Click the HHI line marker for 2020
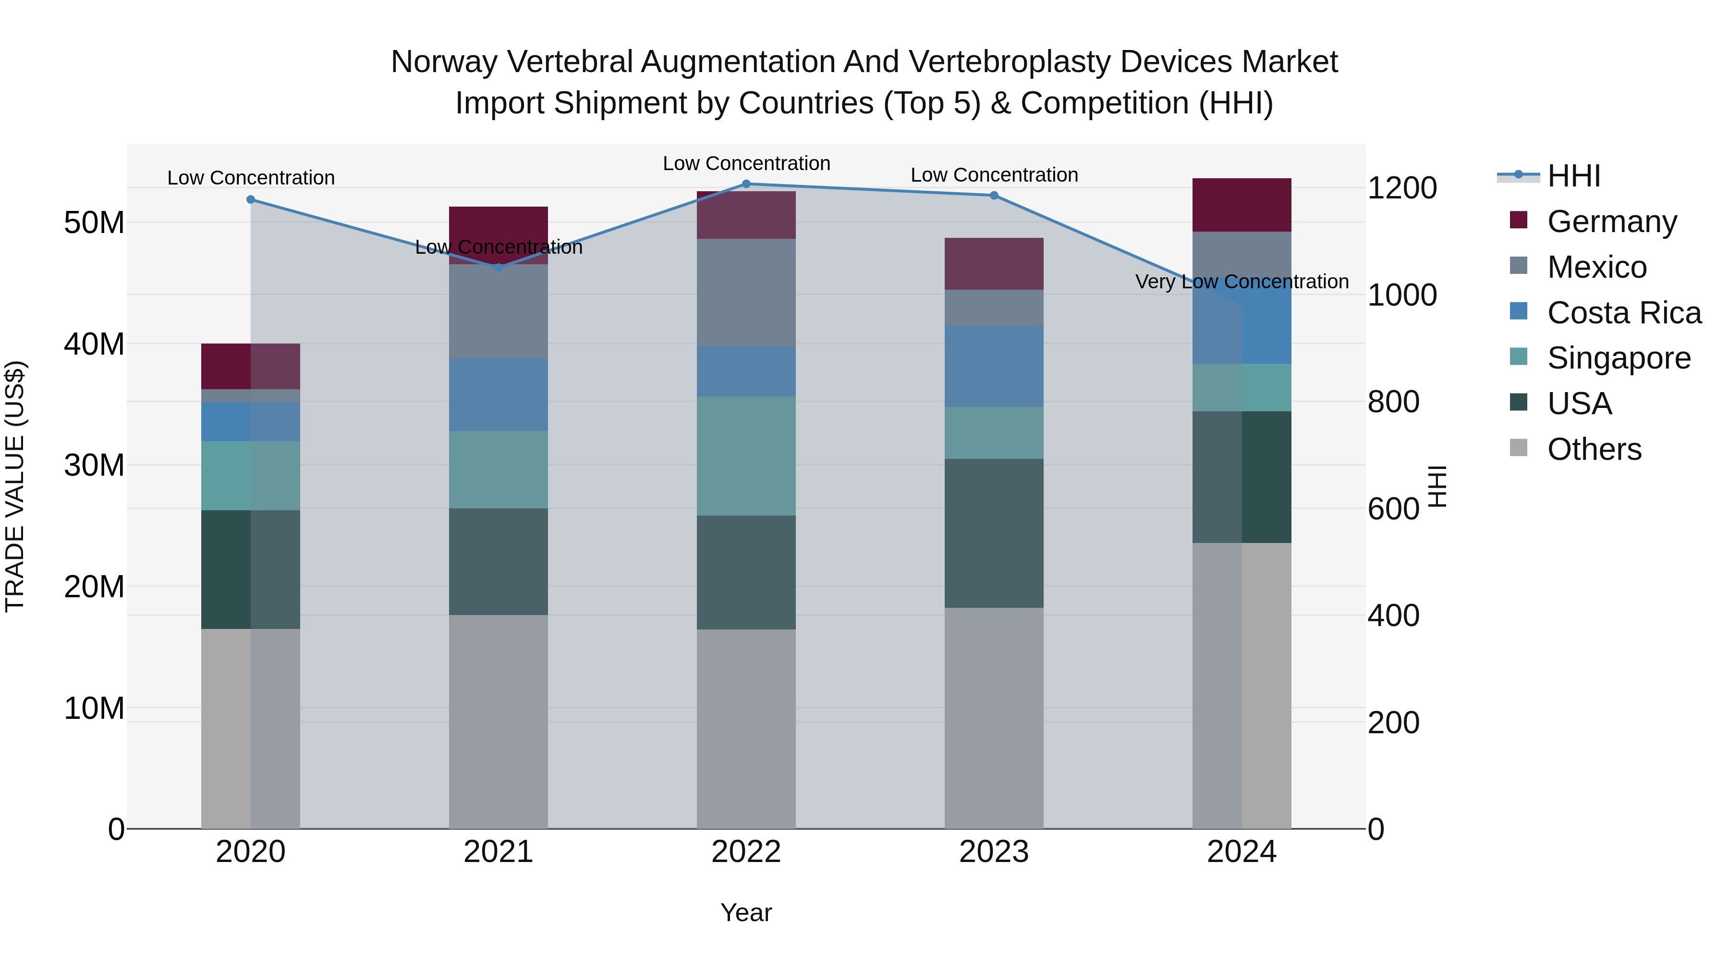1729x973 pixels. (250, 199)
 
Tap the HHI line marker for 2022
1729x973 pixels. (746, 184)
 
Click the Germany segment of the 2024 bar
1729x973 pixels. (1241, 205)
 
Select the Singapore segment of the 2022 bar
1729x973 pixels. (746, 456)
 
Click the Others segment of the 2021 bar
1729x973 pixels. (498, 721)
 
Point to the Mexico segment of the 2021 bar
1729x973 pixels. (498, 311)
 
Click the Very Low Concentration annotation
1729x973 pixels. (1241, 282)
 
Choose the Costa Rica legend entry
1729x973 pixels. (1624, 313)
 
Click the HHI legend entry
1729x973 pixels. (1573, 176)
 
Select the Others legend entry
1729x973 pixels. (1594, 449)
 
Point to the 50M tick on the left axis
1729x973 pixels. (94, 223)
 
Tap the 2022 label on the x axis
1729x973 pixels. (746, 852)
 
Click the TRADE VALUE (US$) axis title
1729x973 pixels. (15, 486)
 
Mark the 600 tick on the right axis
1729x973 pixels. (1393, 509)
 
